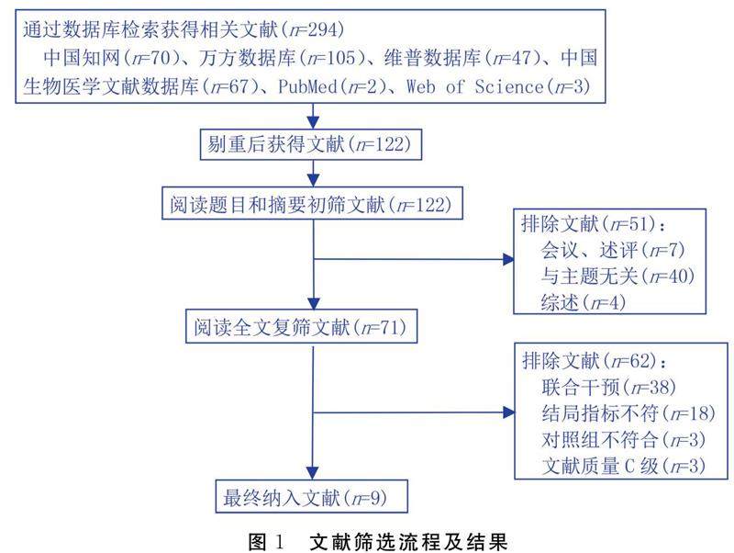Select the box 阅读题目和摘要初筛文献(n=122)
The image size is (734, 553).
[x=313, y=202]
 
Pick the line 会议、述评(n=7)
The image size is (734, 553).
[x=609, y=248]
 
